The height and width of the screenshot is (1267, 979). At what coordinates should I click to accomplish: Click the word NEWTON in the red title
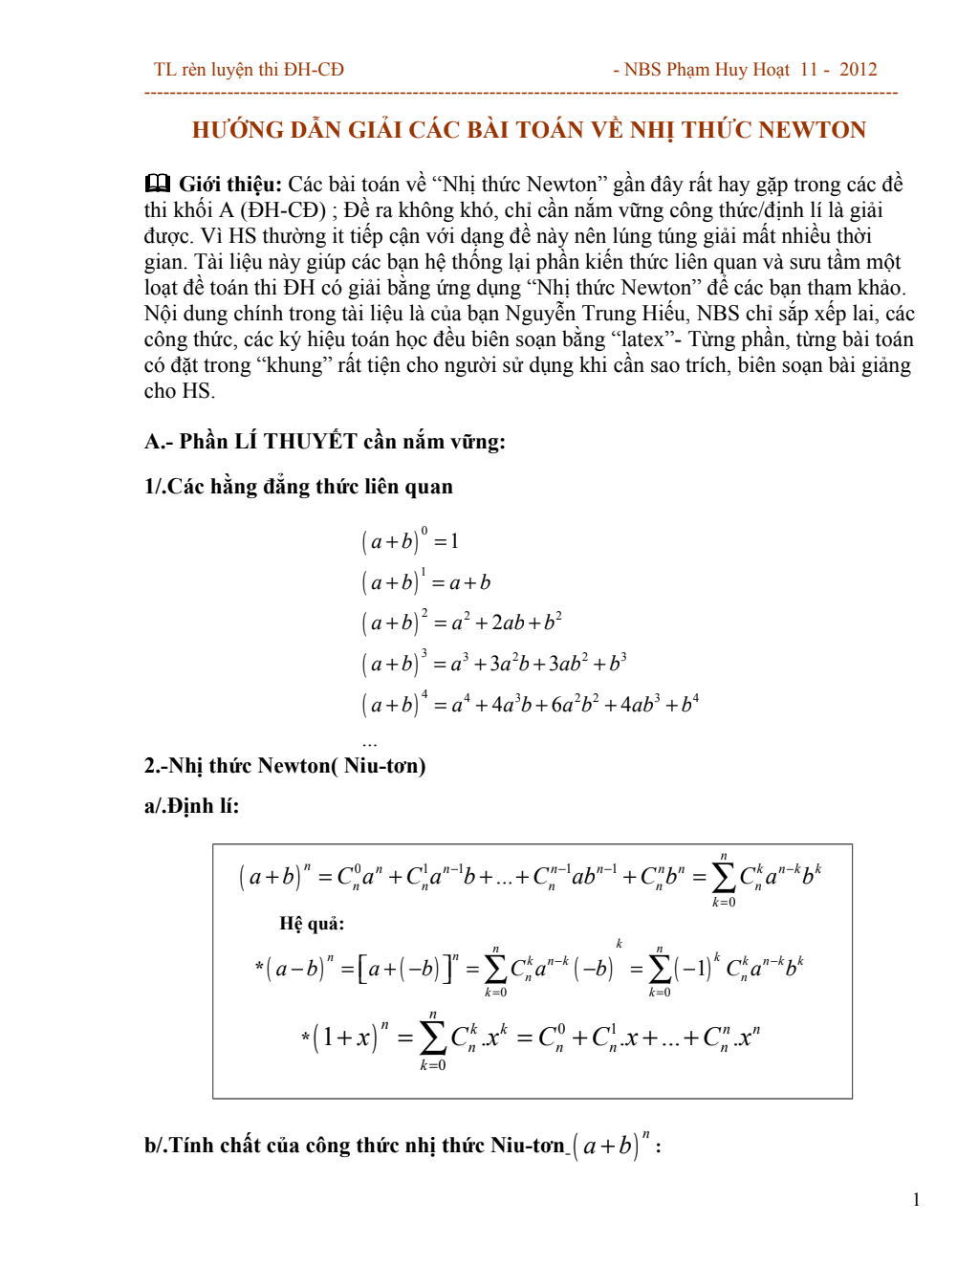coord(813,130)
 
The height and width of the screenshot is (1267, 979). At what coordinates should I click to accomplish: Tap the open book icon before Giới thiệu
coord(157,184)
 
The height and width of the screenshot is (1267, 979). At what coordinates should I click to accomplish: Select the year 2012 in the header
coord(858,70)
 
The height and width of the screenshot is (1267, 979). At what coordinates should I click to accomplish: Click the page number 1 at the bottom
coord(916,1200)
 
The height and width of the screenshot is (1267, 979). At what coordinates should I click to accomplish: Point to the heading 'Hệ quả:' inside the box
coord(312,924)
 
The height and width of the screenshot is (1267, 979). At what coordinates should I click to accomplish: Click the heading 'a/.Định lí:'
coord(191,806)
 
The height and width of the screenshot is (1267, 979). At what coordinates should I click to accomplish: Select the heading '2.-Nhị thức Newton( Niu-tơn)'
coord(285,766)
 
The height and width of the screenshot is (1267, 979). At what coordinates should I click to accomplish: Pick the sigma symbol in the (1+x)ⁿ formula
coord(432,1037)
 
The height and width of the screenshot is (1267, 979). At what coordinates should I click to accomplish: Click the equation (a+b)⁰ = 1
coord(410,541)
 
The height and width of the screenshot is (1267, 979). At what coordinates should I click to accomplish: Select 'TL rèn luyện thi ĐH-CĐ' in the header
coord(249,70)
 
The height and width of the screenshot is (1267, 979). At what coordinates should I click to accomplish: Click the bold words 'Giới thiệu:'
coord(230,185)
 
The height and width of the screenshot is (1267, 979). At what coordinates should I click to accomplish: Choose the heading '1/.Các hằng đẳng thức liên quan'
coord(298,487)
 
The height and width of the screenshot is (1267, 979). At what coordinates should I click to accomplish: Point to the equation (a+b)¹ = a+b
coord(425,582)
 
